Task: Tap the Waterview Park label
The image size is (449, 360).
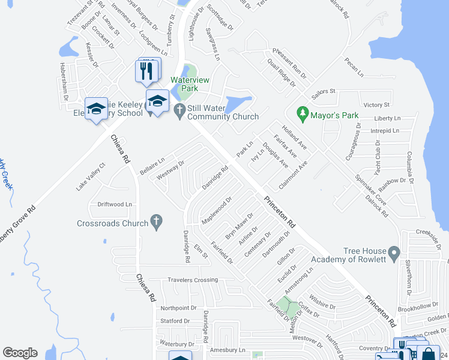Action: tap(184, 84)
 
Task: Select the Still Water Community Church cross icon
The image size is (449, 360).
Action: tap(179, 111)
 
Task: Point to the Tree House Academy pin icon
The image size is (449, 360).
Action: tap(394, 252)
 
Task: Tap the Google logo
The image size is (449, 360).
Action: tap(20, 352)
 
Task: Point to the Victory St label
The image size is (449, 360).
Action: tap(376, 105)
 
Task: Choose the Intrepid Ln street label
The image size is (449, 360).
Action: tap(385, 130)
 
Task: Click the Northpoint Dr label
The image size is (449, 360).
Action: tap(178, 308)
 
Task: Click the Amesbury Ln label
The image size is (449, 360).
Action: tap(228, 350)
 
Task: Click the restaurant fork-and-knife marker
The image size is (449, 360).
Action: tap(146, 71)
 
